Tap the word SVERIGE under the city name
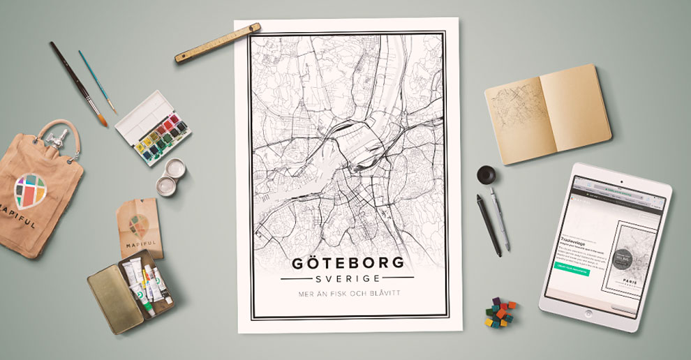(x=346, y=277)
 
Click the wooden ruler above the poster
(x=218, y=43)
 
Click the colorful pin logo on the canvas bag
(x=30, y=190)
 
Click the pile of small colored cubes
(x=500, y=312)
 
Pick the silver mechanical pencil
(x=500, y=219)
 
